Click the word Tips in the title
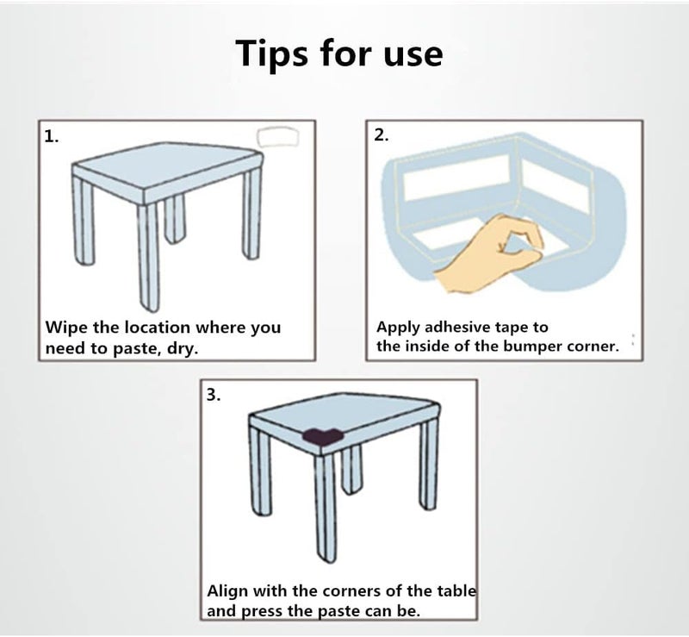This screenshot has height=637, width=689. point(272,53)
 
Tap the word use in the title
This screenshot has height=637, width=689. point(413,55)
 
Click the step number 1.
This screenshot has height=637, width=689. point(52,137)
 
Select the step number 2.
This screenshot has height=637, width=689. point(381,135)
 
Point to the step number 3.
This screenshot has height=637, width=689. point(214,395)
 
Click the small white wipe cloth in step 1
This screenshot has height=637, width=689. point(277,137)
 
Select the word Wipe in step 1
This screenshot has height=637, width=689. point(68,328)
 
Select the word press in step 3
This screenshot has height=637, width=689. point(263,612)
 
